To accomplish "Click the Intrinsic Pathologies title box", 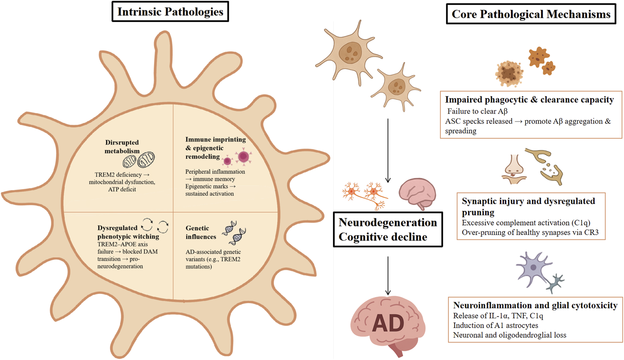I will point(170,12).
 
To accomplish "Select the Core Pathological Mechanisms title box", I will point(531,14).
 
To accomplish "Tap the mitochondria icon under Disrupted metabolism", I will point(139,160).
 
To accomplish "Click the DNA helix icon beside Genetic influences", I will point(234,233).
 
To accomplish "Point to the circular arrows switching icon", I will point(155,225).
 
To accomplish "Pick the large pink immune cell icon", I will point(243,156).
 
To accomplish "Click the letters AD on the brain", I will point(388,323).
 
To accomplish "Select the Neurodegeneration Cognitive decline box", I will point(388,229).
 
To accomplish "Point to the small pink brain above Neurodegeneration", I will point(417,193).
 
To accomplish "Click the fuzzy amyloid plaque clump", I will point(509,73).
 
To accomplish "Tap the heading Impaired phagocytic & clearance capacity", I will point(529,100).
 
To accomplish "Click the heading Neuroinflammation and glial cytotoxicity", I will point(535,305).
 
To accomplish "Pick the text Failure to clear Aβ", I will point(477,111).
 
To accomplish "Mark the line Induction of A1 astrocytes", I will point(495,326).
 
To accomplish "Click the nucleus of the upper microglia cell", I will point(350,52).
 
